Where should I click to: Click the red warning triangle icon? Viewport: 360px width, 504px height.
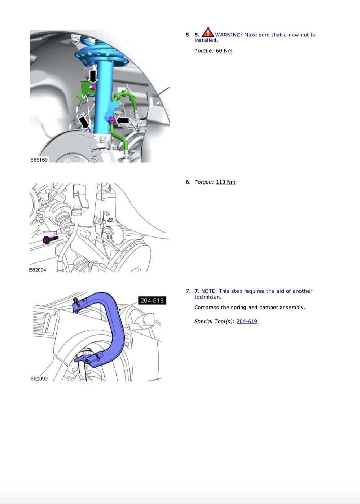click(208, 33)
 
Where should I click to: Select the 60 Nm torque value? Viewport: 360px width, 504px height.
click(224, 51)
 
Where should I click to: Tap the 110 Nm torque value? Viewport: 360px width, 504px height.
click(225, 182)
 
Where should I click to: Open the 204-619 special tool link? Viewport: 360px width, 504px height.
click(247, 322)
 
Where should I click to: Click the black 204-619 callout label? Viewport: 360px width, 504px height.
click(152, 300)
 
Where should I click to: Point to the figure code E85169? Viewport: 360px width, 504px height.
click(39, 159)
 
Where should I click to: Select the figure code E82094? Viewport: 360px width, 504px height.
click(38, 270)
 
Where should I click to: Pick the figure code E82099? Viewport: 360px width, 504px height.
click(39, 379)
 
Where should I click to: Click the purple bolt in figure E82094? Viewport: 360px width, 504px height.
click(49, 239)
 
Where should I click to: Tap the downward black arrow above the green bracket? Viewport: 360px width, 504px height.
click(93, 76)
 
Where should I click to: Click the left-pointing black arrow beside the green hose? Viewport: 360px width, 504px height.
click(123, 120)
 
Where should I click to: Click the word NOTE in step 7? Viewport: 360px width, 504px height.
click(208, 291)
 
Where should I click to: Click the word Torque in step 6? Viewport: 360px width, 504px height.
click(204, 182)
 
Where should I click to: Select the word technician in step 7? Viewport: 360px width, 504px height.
click(207, 297)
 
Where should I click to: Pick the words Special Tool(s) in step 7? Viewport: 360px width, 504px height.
click(214, 322)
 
